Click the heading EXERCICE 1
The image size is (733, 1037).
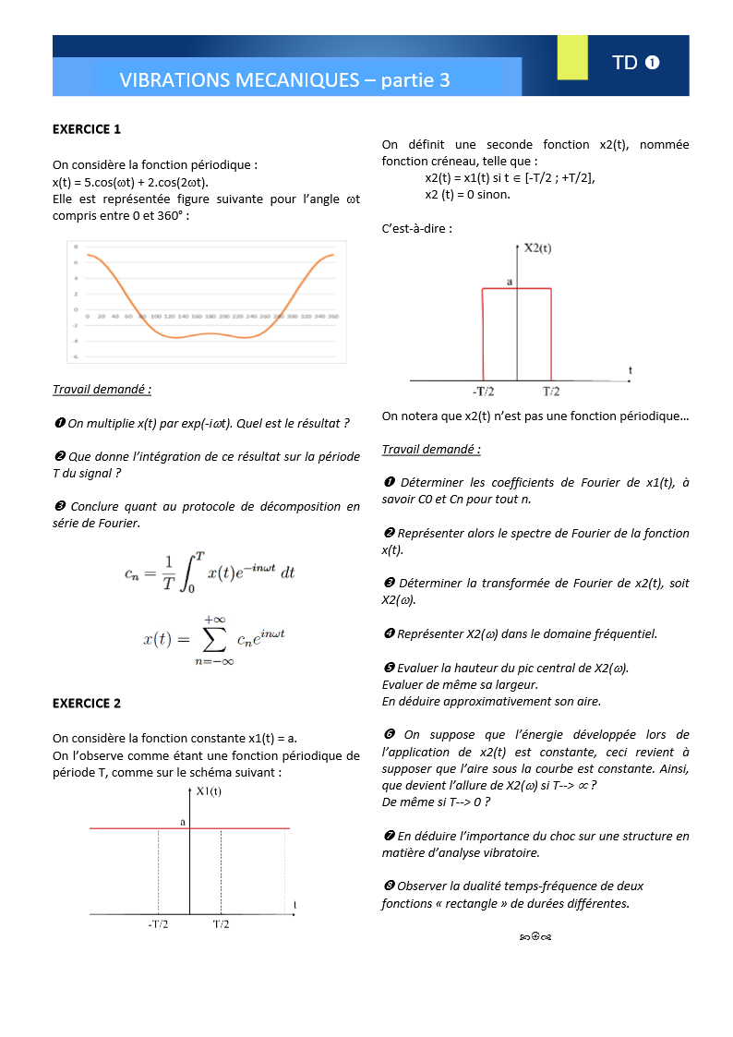click(x=87, y=129)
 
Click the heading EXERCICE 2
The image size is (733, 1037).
click(x=87, y=703)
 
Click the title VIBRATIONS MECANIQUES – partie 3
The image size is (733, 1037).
click(x=284, y=80)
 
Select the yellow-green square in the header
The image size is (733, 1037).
click(x=572, y=57)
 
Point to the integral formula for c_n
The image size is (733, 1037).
click(x=210, y=572)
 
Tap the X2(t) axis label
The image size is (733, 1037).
click(x=538, y=247)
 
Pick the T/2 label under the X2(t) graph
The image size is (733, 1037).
click(x=551, y=391)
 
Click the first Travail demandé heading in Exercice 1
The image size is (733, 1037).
click(x=102, y=390)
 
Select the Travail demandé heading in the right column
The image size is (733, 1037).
click(x=431, y=450)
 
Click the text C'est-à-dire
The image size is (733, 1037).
click(x=416, y=228)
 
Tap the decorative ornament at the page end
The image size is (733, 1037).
click(x=535, y=938)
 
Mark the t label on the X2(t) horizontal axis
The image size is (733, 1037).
click(x=631, y=370)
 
